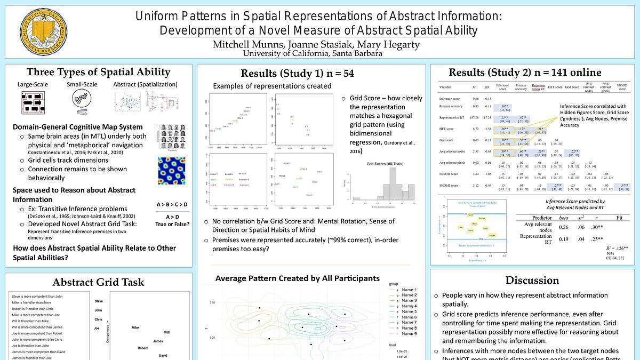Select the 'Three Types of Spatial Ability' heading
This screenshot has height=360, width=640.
tap(99, 72)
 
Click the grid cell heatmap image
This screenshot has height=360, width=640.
tap(171, 171)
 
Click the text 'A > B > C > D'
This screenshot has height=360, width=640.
tap(172, 204)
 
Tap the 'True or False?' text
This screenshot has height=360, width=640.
tap(172, 224)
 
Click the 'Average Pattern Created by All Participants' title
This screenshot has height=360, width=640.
tap(298, 278)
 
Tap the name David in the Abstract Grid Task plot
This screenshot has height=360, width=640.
tap(163, 355)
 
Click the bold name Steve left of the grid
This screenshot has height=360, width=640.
tap(98, 301)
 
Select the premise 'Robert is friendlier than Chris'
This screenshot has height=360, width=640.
tap(33, 309)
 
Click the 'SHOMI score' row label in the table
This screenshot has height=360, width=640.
tap(450, 186)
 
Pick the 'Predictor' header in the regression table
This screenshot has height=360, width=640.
tap(542, 218)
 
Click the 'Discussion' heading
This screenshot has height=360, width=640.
tap(532, 281)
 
